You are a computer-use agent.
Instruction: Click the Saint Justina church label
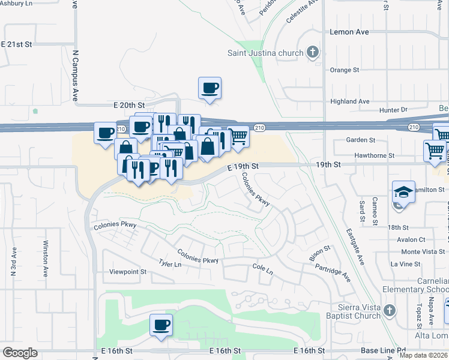[x=265, y=53]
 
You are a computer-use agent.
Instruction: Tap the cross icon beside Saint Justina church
[x=312, y=53]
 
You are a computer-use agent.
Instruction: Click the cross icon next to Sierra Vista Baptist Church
[x=390, y=311]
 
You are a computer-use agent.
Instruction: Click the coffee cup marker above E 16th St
[x=161, y=325]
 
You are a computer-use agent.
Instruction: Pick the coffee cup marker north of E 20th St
[x=210, y=88]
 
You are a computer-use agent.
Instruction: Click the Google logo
[x=20, y=352]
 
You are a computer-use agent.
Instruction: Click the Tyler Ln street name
[x=170, y=264]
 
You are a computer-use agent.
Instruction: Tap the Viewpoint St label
[x=128, y=272]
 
